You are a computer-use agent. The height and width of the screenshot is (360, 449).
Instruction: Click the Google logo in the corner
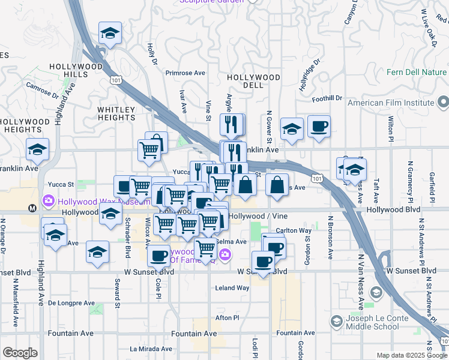tap(20, 353)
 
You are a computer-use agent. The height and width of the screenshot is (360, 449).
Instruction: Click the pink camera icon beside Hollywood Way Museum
tap(47, 200)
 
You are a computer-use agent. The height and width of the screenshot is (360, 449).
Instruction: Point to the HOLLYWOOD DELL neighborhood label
tap(253, 81)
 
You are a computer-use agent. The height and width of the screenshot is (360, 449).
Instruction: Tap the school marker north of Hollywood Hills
tap(110, 34)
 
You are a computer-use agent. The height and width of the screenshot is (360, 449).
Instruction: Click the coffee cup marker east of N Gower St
tap(319, 127)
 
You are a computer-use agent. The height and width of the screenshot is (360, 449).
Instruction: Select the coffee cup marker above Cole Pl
tap(159, 256)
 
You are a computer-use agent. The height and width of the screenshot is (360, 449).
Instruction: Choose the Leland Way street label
tap(232, 288)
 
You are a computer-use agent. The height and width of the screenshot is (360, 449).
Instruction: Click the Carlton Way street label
tap(294, 230)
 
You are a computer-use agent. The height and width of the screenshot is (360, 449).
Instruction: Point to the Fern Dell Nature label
tap(417, 73)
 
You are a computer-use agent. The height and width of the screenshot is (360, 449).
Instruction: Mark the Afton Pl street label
tap(228, 317)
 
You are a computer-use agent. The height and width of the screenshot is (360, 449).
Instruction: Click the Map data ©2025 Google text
tap(412, 355)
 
